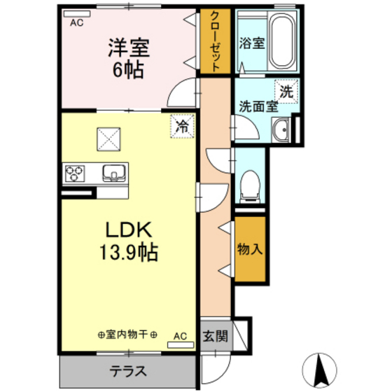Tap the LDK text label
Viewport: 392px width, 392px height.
(x=128, y=230)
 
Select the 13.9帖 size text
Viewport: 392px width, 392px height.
(x=128, y=252)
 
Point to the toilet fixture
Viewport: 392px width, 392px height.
(x=248, y=183)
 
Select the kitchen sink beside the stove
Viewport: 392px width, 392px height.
(x=113, y=172)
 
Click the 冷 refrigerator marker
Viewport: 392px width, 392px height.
(x=182, y=127)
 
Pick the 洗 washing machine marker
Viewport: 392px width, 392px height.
(x=286, y=90)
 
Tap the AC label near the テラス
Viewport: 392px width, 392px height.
(x=180, y=335)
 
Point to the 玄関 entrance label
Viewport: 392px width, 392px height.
(x=215, y=335)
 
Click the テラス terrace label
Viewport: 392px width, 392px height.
(x=128, y=371)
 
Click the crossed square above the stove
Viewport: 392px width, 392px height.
(x=109, y=138)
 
